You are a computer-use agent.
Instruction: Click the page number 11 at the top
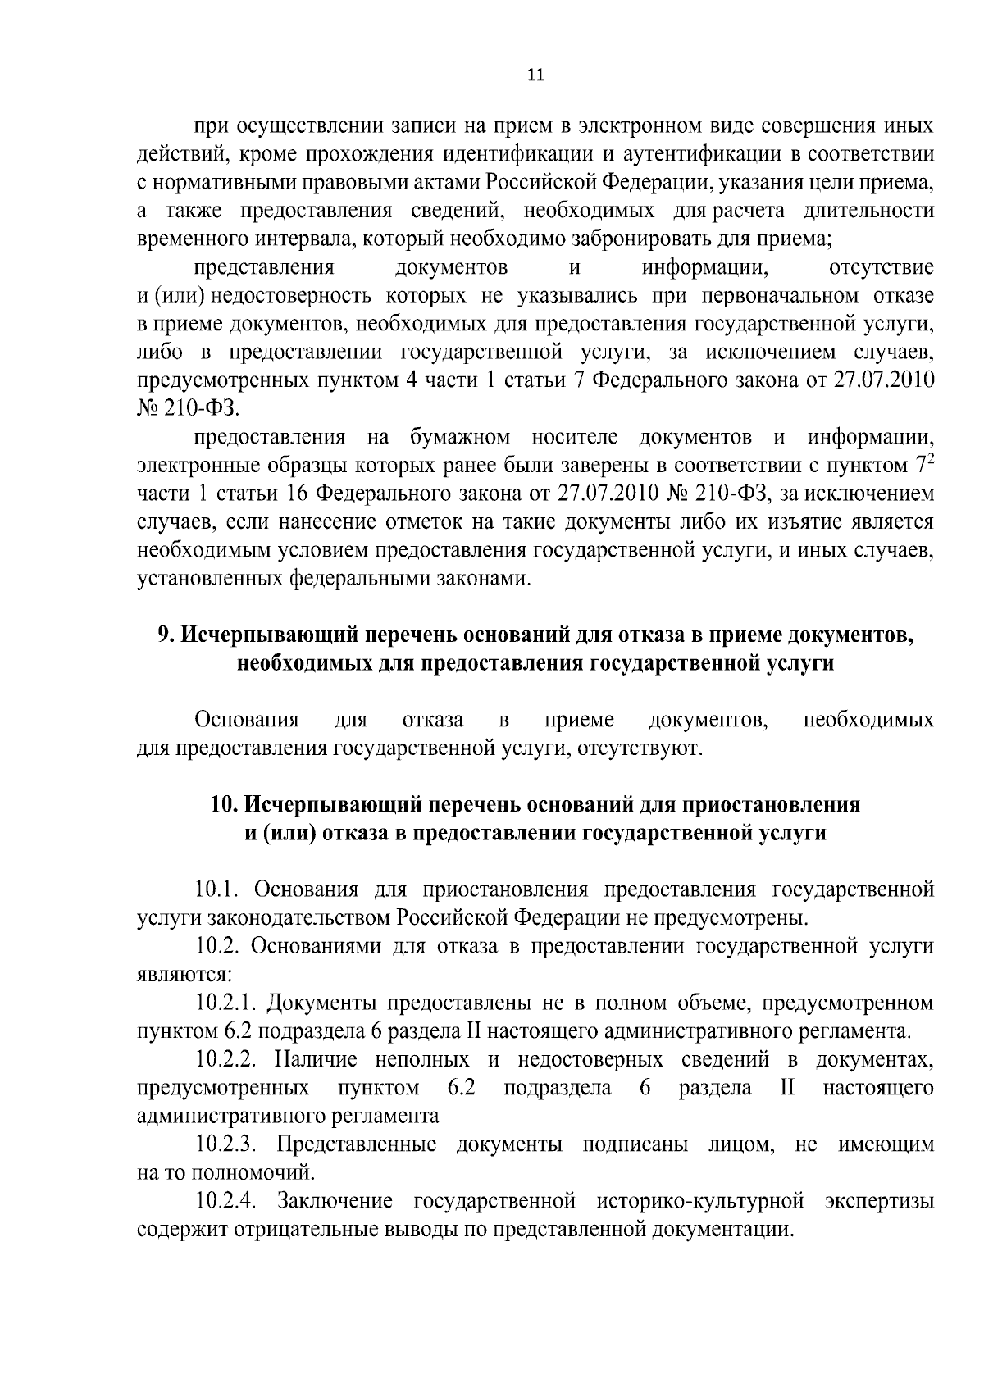tap(534, 75)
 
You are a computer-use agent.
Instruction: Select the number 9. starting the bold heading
tap(164, 635)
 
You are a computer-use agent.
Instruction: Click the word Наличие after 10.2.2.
tap(319, 1059)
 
